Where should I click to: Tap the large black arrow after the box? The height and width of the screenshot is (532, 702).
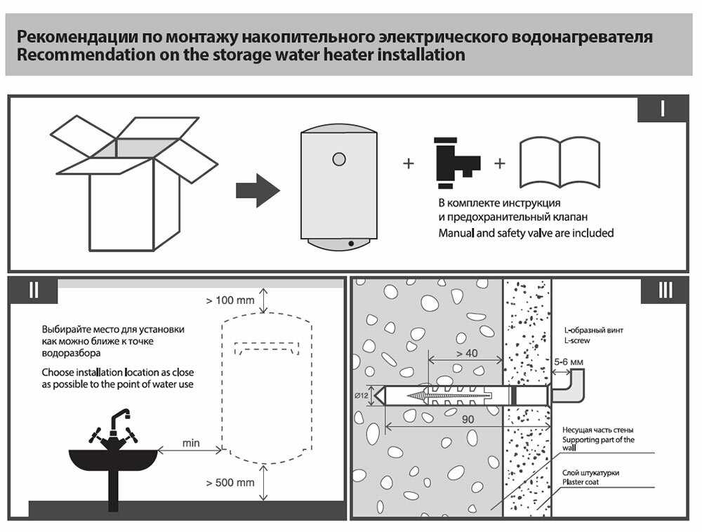tap(257, 189)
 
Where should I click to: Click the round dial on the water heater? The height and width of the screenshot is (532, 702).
tap(339, 159)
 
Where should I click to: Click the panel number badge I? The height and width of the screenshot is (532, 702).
tap(661, 109)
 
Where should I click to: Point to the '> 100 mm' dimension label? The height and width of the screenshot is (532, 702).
tap(230, 301)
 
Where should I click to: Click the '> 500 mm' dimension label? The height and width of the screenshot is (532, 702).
tap(230, 483)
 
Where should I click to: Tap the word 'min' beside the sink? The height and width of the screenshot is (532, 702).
tap(191, 443)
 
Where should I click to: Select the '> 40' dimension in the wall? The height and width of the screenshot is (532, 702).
tap(466, 353)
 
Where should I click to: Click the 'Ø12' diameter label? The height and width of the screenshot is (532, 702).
tap(363, 396)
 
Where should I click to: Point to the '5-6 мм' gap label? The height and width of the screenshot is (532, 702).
tap(569, 362)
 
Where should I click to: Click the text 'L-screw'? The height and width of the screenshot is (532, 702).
tap(577, 340)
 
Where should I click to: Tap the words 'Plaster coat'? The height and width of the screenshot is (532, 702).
tap(581, 482)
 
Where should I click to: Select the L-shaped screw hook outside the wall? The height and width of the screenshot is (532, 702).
tap(570, 388)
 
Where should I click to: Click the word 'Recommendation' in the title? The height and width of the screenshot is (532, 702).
tap(81, 54)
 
